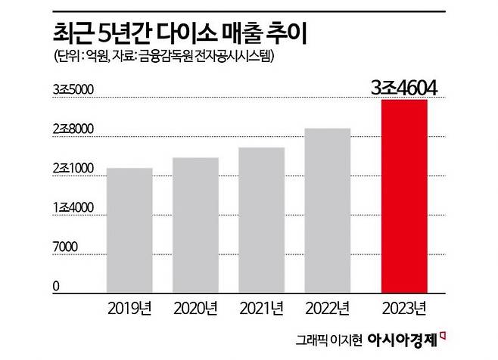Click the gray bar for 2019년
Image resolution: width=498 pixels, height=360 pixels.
pyautogui.click(x=129, y=230)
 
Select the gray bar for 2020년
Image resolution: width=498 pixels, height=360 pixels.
pyautogui.click(x=195, y=225)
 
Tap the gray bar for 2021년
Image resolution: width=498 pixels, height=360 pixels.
pyautogui.click(x=261, y=220)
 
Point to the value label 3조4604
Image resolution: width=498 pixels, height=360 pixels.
pyautogui.click(x=405, y=88)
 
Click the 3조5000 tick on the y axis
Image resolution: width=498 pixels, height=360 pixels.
pyautogui.click(x=73, y=91)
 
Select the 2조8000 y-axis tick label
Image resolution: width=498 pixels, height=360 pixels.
pyautogui.click(x=73, y=130)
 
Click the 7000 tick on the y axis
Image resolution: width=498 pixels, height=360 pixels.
pyautogui.click(x=66, y=247)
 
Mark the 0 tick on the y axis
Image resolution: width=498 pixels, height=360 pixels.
pyautogui.click(x=57, y=286)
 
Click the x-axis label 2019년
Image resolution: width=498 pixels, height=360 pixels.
pyautogui.click(x=129, y=308)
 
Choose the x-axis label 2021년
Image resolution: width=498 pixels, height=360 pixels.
pyautogui.click(x=261, y=308)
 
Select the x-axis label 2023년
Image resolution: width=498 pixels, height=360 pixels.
pyautogui.click(x=404, y=308)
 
